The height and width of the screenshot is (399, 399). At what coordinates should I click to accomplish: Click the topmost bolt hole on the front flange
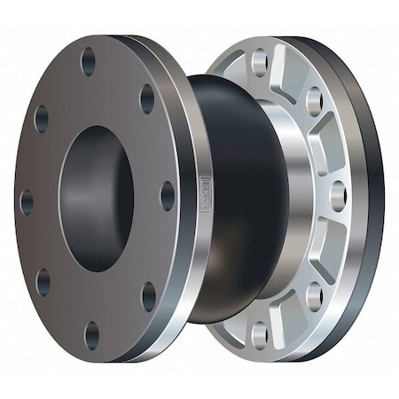click(89, 61)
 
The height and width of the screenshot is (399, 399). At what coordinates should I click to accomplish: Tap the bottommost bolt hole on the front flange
click(92, 335)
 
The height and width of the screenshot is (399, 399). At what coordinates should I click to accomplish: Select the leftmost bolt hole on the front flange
click(27, 202)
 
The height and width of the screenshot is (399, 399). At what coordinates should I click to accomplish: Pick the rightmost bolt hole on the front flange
click(167, 195)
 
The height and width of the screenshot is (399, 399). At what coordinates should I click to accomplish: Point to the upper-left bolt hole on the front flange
click(42, 119)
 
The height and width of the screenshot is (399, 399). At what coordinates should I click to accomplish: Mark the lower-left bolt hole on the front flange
click(43, 283)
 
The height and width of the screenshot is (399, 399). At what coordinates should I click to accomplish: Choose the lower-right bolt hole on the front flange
click(148, 296)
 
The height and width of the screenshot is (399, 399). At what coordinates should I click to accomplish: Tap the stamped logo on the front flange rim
click(206, 190)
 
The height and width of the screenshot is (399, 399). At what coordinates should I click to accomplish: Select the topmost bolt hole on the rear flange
click(259, 62)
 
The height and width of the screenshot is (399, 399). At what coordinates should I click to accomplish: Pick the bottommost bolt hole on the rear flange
click(260, 334)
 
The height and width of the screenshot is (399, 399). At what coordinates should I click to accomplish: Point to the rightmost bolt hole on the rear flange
click(337, 195)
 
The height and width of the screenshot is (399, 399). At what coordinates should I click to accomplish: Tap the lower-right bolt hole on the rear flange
click(315, 294)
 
